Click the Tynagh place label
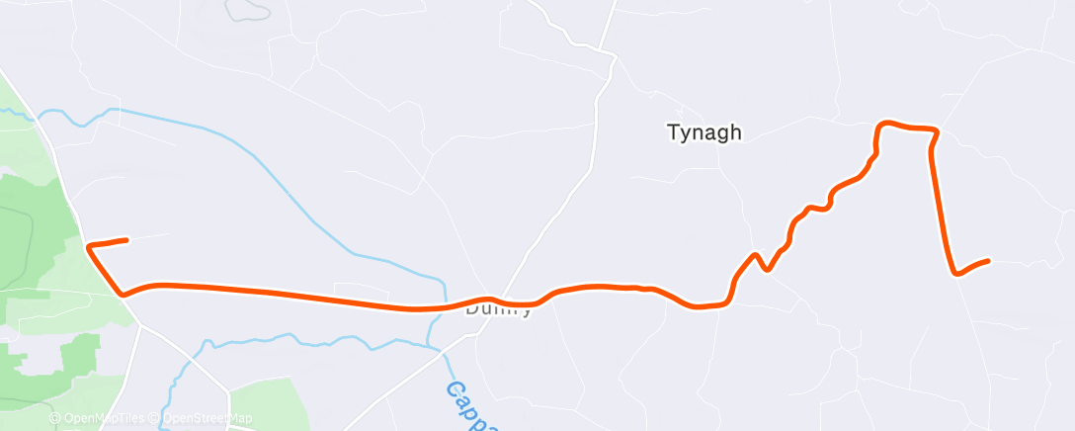pos(703,132)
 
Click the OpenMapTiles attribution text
pos(98,418)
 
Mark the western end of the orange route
pos(126,239)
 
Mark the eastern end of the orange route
pos(988,261)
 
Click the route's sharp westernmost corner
pos(89,245)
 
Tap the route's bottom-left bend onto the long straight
pos(123,294)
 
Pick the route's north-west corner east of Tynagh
pos(881,126)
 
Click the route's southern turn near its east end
pos(955,273)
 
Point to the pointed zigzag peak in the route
pos(756,255)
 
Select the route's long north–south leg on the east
pos(942,203)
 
